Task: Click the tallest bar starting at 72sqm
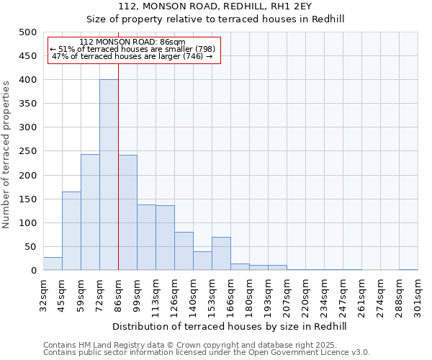pyautogui.click(x=109, y=175)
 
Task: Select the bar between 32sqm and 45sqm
pyautogui.click(x=53, y=264)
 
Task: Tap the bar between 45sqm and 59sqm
pyautogui.click(x=71, y=230)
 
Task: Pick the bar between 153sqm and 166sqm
pyautogui.click(x=221, y=253)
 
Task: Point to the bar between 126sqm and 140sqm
pyautogui.click(x=184, y=251)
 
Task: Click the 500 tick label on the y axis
pyautogui.click(x=27, y=32)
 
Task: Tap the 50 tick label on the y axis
pyautogui.click(x=30, y=247)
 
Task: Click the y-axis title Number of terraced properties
pyautogui.click(x=6, y=154)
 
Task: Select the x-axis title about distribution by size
pyautogui.click(x=230, y=326)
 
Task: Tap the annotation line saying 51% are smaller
pyautogui.click(x=132, y=49)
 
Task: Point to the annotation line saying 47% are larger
pyautogui.click(x=132, y=56)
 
